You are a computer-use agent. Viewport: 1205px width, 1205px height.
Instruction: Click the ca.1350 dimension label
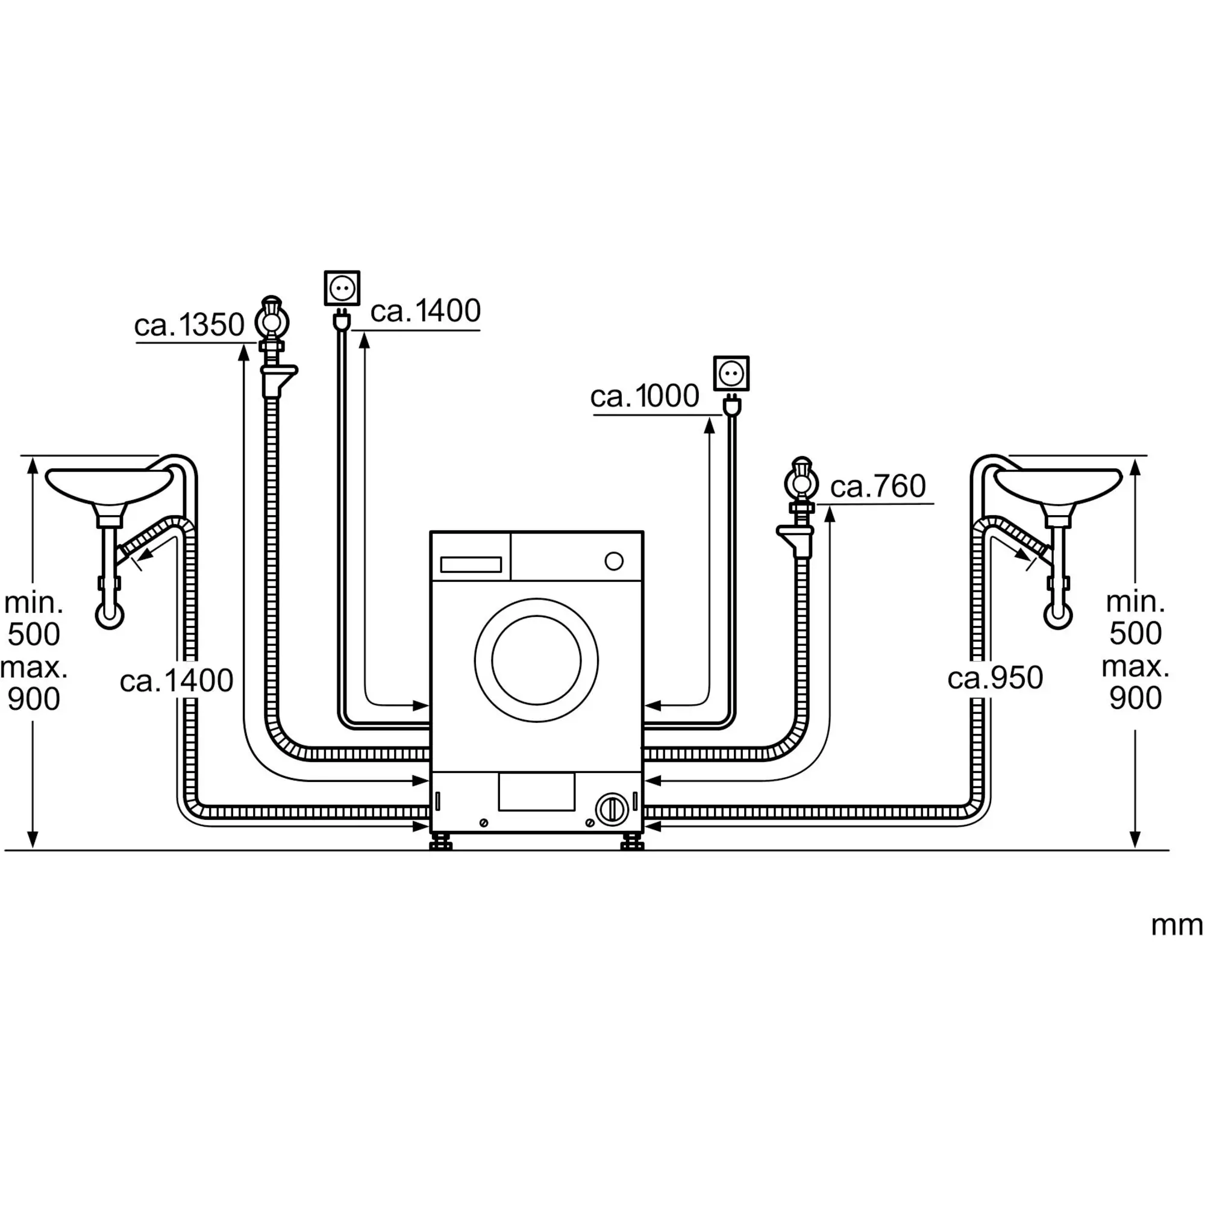pos(189,325)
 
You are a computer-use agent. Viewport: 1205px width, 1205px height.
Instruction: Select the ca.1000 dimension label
pos(645,396)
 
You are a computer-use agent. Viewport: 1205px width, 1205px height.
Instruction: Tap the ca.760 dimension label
pos(878,486)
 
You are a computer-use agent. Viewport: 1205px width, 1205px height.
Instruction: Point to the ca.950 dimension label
pos(995,678)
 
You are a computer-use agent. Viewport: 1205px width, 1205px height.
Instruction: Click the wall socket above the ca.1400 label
pos(342,288)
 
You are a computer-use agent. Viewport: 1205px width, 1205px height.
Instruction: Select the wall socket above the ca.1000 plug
pos(731,374)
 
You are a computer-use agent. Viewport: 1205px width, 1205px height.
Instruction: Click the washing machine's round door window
pos(536,660)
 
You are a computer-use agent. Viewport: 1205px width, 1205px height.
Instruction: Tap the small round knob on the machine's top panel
pos(615,562)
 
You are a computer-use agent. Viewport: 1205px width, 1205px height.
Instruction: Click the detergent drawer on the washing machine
pos(471,565)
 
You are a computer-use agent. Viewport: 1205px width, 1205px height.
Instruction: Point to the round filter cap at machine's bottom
pos(613,810)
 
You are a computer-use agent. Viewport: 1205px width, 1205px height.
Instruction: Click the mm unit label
pos(1176,925)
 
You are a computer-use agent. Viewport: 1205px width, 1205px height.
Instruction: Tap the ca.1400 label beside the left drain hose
pos(177,680)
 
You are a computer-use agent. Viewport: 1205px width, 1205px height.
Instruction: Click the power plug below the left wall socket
pos(342,320)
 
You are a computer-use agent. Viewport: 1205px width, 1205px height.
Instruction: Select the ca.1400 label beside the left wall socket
pos(425,311)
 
